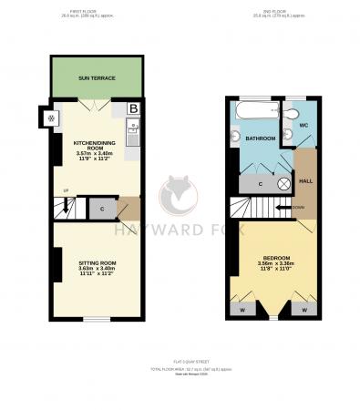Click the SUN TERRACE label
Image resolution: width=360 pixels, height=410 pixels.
click(96, 78)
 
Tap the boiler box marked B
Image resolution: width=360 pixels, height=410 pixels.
click(133, 108)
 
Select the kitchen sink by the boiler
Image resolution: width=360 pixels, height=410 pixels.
click(132, 138)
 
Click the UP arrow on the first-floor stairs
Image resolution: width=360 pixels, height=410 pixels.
click(65, 191)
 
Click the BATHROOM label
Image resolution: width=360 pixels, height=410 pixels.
click(261, 139)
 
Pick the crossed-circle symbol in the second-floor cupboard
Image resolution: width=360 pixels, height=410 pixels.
click(283, 183)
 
